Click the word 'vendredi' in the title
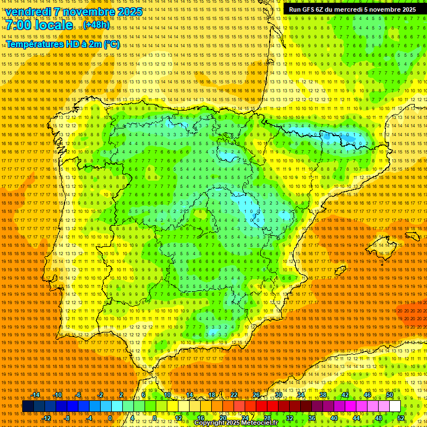click(x=28, y=12)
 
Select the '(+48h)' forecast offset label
click(x=96, y=26)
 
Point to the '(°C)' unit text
click(x=111, y=44)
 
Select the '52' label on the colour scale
click(x=401, y=418)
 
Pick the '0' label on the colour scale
click(x=110, y=418)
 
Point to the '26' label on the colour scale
click(x=256, y=395)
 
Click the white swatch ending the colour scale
click(x=395, y=406)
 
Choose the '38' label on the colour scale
click(x=323, y=395)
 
